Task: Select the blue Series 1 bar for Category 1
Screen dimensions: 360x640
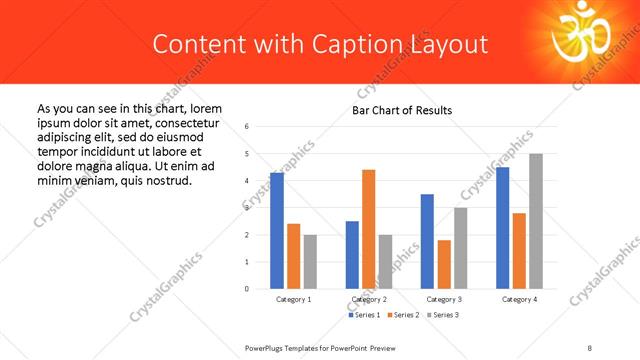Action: click(277, 230)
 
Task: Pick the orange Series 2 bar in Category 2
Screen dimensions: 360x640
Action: click(368, 229)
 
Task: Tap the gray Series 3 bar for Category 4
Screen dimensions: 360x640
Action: click(536, 221)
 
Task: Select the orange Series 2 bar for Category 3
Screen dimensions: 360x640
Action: click(444, 264)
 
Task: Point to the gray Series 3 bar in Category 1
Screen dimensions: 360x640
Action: click(311, 261)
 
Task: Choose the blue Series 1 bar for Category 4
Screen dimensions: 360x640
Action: click(502, 228)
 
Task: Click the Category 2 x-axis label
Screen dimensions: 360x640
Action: click(369, 299)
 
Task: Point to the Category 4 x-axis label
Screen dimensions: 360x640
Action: click(519, 299)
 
